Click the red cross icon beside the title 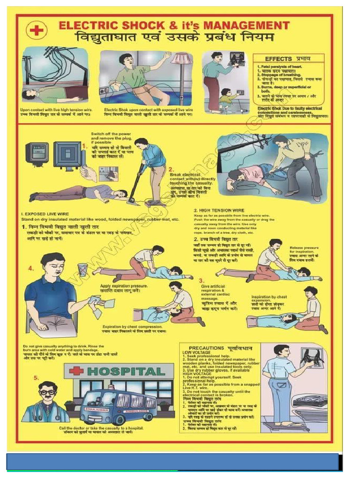(36, 30)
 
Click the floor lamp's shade (182, 59)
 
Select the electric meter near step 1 (37, 153)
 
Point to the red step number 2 (171, 169)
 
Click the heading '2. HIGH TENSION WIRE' (219, 210)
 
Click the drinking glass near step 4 (83, 270)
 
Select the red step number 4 (30, 269)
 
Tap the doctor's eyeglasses (47, 392)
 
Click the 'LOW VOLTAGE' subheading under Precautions (194, 352)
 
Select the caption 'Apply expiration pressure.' (124, 285)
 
